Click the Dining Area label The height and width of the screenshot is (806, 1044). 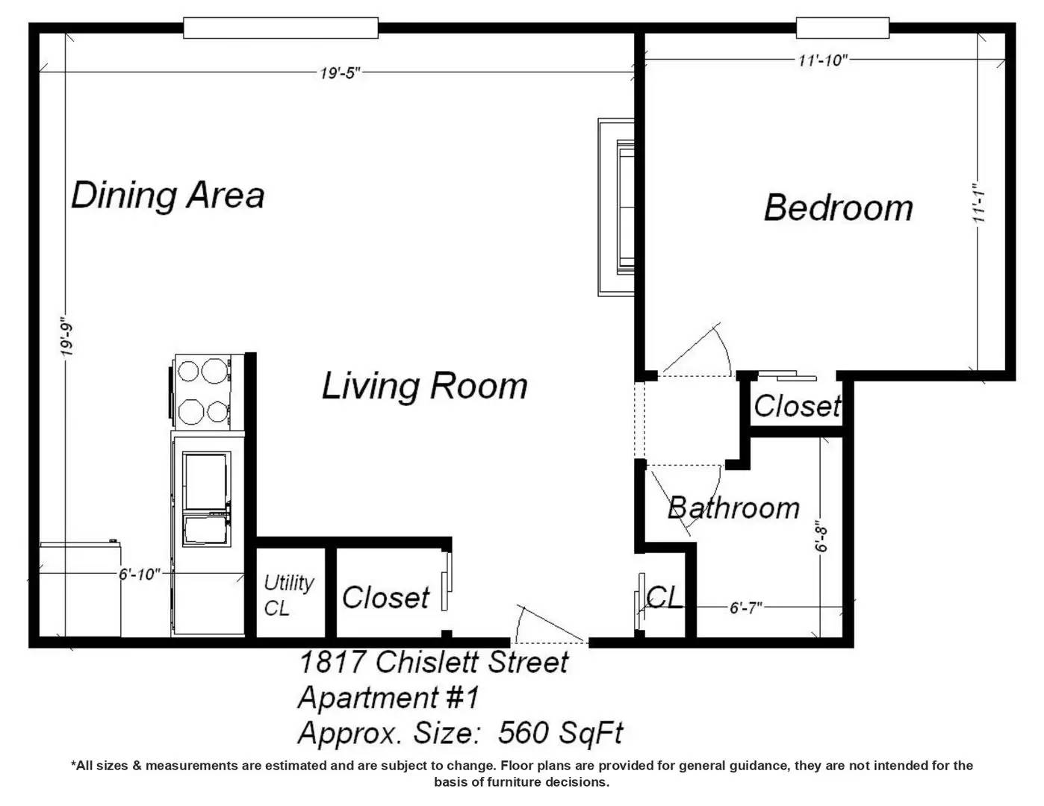pyautogui.click(x=168, y=196)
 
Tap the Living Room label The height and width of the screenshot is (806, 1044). pyautogui.click(x=424, y=386)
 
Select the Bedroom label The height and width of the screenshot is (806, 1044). pyautogui.click(x=839, y=208)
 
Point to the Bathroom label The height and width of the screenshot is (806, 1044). pyautogui.click(x=733, y=508)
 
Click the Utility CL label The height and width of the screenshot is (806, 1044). pyautogui.click(x=288, y=596)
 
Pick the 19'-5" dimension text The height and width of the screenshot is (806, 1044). pyautogui.click(x=340, y=73)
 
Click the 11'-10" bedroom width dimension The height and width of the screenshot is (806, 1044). pyautogui.click(x=823, y=60)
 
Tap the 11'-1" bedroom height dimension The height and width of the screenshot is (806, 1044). pyautogui.click(x=979, y=202)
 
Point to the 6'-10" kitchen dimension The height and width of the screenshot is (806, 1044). pyautogui.click(x=140, y=574)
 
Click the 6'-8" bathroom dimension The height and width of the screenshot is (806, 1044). pyautogui.click(x=821, y=540)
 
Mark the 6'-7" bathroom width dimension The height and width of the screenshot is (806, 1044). pyautogui.click(x=745, y=608)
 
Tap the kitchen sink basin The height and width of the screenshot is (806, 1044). pyautogui.click(x=205, y=499)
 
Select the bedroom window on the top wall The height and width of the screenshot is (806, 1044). pyautogui.click(x=842, y=28)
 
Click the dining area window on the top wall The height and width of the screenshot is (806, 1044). pyautogui.click(x=281, y=28)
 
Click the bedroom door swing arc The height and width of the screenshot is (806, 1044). pyautogui.click(x=724, y=346)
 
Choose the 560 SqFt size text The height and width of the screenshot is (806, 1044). pyautogui.click(x=560, y=732)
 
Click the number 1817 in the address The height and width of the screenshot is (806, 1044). pyautogui.click(x=332, y=662)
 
